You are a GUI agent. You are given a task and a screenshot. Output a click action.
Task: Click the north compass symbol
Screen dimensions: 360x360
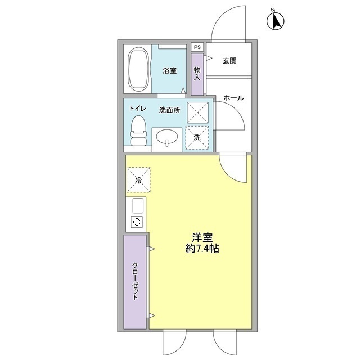point(276,20)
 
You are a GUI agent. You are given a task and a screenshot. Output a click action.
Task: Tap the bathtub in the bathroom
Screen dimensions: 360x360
point(138,70)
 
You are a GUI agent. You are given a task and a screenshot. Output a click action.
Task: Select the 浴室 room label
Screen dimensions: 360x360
point(169,70)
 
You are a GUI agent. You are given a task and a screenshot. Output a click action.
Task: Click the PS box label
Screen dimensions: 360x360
point(197,47)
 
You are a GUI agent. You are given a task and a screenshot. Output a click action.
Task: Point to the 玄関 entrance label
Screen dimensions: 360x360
point(229,60)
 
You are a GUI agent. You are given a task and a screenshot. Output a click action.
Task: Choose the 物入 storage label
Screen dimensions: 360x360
point(197,73)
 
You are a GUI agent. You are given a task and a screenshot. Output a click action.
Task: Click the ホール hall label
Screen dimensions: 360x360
point(233,98)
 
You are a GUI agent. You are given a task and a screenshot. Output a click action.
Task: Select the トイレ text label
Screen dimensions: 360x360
point(138,109)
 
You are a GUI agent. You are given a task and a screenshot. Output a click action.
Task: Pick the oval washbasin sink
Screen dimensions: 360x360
point(167,137)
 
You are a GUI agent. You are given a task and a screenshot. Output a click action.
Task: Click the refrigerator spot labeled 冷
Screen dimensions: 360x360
point(138,180)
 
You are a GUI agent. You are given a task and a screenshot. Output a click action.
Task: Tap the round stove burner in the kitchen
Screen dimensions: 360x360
point(136,221)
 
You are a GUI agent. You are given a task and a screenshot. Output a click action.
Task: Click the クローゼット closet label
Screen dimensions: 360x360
point(136,282)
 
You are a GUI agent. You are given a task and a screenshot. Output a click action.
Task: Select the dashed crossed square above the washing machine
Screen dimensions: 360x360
point(197,112)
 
